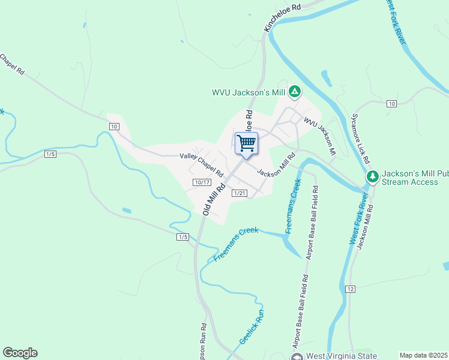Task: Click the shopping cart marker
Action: tap(246, 144)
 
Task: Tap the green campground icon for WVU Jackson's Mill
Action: tap(294, 92)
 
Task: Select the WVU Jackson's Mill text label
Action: tap(249, 92)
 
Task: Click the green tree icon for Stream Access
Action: tap(373, 176)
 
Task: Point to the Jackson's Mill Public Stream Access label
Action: tap(414, 176)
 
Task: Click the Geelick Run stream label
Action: tap(252, 327)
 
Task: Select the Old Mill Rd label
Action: tap(214, 199)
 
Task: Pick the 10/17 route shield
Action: tap(202, 182)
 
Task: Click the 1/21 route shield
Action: tap(240, 193)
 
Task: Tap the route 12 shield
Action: tap(351, 289)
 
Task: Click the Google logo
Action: tap(20, 353)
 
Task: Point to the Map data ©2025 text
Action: tap(424, 355)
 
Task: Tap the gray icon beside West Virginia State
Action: tap(297, 356)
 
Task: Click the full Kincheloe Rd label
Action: tap(281, 19)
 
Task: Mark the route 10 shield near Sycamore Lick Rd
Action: tap(391, 104)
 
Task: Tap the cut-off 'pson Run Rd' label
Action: tap(203, 342)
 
